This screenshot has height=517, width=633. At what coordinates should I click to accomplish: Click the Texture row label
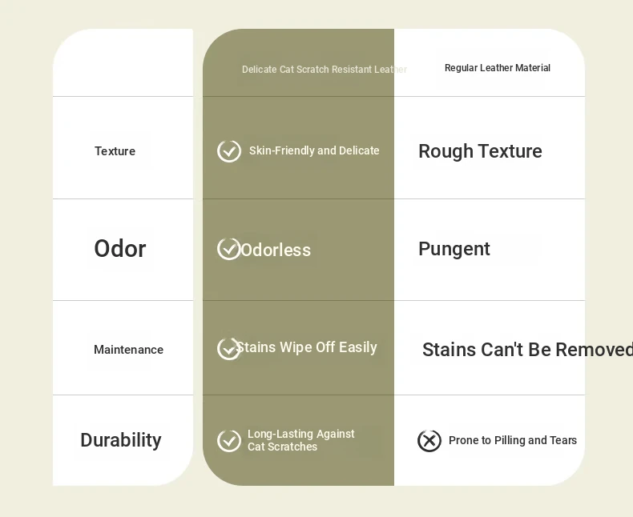tap(115, 151)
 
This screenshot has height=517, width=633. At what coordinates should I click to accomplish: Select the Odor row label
tap(120, 248)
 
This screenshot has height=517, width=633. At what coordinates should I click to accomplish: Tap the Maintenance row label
tap(128, 350)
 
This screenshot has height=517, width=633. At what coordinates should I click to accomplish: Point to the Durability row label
tap(121, 440)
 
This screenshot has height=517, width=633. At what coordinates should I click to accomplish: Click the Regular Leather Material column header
tap(498, 68)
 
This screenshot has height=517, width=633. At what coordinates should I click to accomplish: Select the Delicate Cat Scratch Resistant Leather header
tap(325, 70)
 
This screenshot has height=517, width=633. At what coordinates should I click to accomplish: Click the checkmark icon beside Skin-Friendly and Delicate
tap(229, 151)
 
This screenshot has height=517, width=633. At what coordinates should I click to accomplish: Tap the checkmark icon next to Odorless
tap(229, 249)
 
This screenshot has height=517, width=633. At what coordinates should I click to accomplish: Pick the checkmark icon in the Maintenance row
tap(229, 348)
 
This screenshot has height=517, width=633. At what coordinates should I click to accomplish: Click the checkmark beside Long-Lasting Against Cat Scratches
tap(229, 441)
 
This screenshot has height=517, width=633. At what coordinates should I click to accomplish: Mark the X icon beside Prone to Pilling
tap(429, 441)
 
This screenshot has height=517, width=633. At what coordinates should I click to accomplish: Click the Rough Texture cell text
tap(480, 151)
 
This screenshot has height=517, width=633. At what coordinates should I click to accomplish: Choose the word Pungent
tap(454, 249)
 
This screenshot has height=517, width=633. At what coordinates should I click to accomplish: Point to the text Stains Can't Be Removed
tap(527, 350)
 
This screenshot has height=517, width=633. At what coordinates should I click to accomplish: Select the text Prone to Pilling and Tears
tap(513, 440)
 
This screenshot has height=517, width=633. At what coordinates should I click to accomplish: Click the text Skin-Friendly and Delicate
tap(314, 150)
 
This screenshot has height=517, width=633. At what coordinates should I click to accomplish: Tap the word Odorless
tap(276, 250)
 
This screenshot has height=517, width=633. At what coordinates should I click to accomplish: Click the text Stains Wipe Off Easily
tap(306, 347)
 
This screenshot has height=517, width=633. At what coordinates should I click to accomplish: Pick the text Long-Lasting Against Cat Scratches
tap(300, 440)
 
